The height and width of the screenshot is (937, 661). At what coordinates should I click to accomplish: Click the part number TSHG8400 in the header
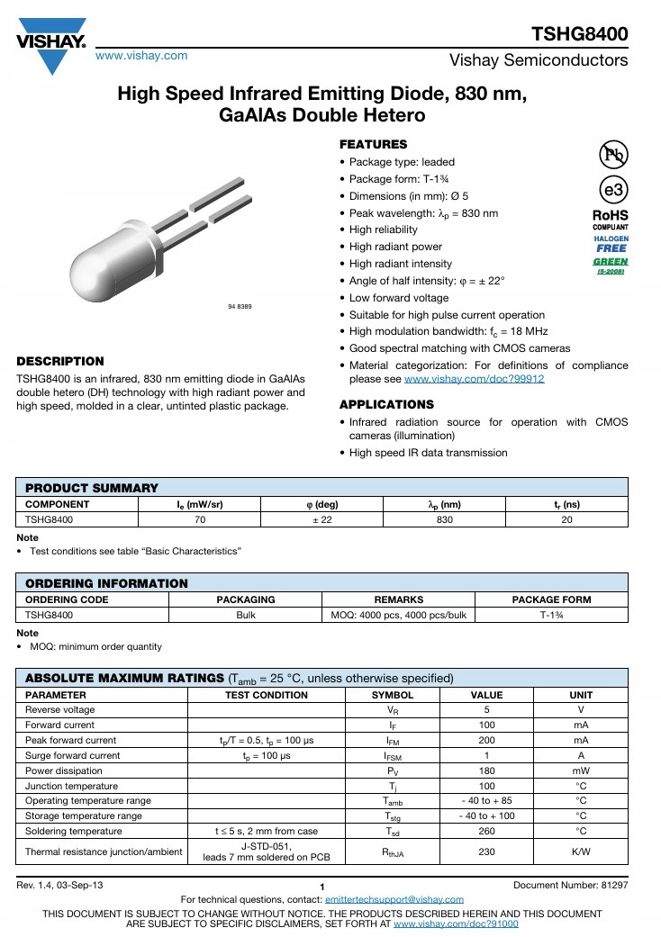[580, 34]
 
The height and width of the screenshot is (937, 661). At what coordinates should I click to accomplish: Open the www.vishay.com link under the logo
[141, 56]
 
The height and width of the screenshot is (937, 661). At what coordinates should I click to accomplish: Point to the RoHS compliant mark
[610, 221]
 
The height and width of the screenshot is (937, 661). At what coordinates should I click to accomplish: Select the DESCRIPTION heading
[60, 361]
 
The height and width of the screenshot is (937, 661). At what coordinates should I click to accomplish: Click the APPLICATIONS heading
[386, 404]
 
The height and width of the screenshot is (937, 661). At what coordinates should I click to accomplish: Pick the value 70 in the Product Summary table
[200, 519]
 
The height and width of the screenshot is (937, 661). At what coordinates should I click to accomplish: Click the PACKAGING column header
[246, 599]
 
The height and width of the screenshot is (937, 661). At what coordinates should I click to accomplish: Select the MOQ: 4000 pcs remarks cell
[397, 615]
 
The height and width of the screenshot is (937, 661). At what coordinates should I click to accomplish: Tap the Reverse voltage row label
[59, 710]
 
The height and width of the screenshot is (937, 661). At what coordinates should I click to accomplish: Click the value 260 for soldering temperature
[486, 832]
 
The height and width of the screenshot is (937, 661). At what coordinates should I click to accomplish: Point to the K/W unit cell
[581, 851]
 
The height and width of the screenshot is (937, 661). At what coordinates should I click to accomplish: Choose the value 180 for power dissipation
[486, 771]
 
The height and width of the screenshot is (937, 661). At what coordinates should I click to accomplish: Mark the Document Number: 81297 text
[570, 886]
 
